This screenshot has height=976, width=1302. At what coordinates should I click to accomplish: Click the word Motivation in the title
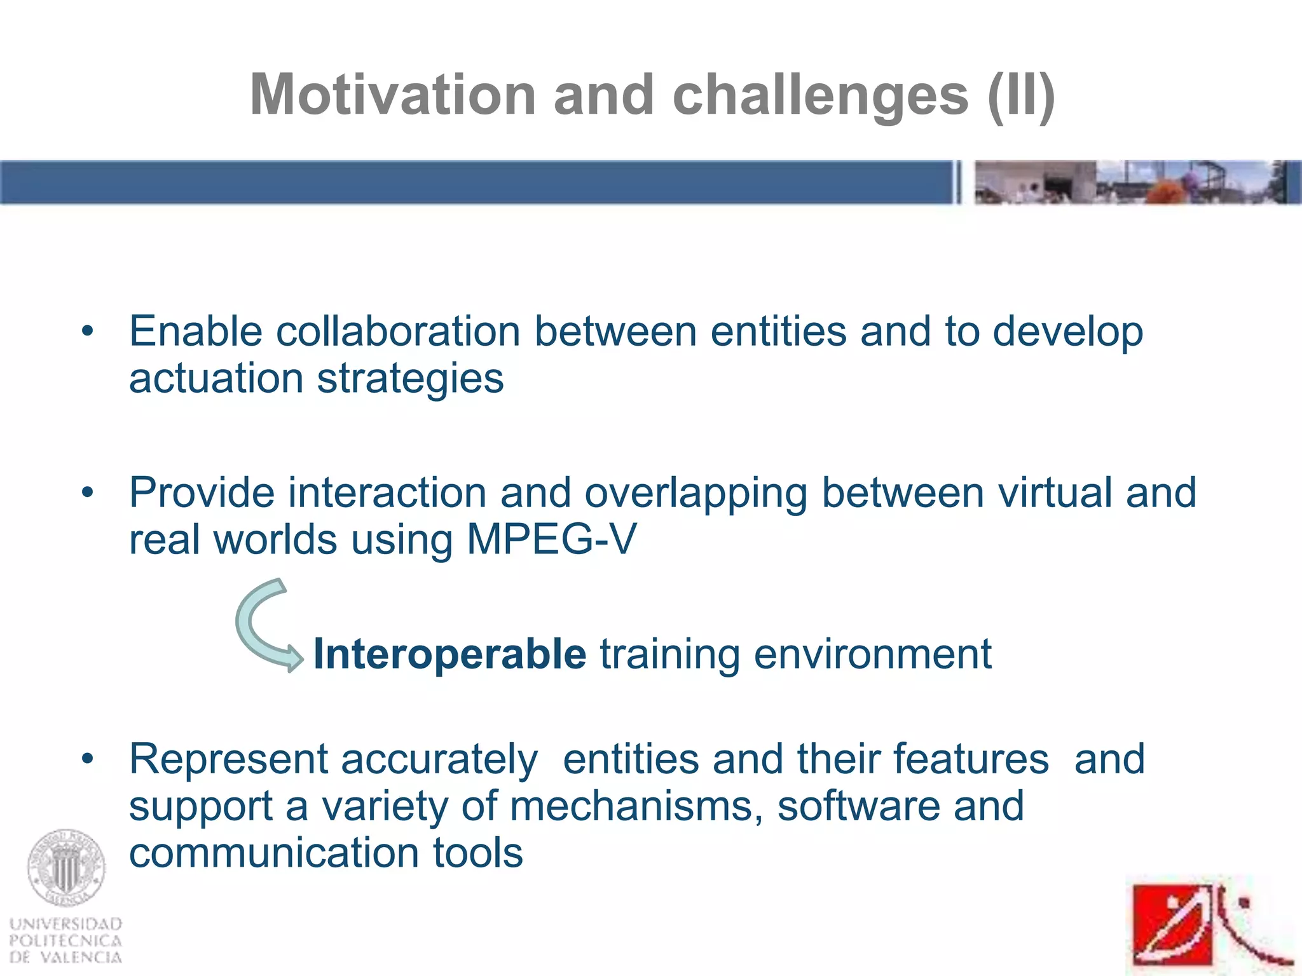[x=392, y=95]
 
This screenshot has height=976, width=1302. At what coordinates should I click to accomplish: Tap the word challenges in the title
[x=820, y=96]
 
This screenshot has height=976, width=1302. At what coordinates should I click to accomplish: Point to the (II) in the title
[x=1021, y=96]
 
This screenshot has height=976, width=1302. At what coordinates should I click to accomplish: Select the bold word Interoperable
[x=449, y=654]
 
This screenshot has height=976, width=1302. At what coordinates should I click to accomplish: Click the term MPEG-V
[x=551, y=539]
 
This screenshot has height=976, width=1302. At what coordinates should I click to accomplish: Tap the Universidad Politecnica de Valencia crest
[x=66, y=868]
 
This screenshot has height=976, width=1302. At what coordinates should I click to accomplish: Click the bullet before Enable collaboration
[x=88, y=331]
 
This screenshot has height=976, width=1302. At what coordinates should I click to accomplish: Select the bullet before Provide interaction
[x=88, y=492]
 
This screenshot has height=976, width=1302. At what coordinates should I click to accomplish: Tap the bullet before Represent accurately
[x=88, y=759]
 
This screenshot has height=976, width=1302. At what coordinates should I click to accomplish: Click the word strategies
[x=410, y=379]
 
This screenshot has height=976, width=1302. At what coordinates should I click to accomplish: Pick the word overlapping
[x=696, y=494]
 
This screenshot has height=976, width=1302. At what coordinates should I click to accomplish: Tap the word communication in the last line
[x=274, y=853]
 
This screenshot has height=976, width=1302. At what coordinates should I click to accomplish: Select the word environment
[x=872, y=654]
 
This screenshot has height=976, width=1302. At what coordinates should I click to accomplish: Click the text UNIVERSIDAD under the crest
[x=66, y=923]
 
